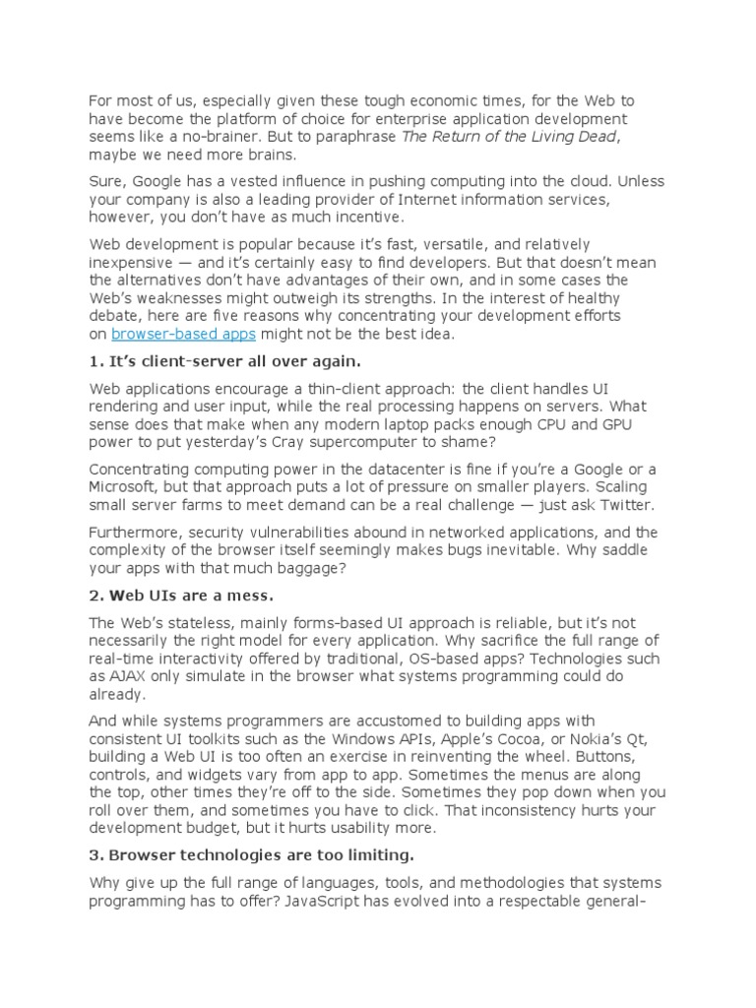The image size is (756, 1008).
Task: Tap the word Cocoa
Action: click(x=535, y=739)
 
